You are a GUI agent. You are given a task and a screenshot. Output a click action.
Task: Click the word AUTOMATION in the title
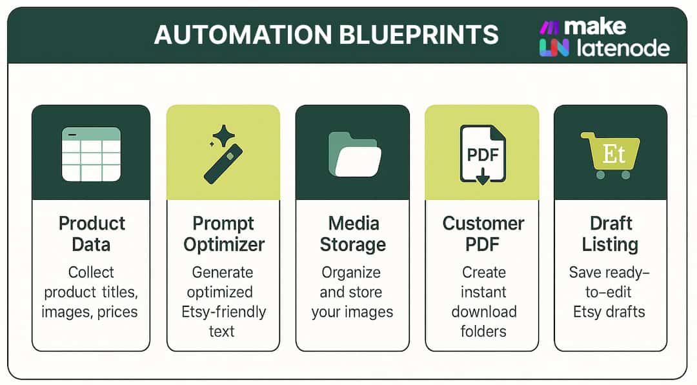coord(243,35)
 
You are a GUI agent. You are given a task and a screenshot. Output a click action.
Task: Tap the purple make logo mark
coord(549,28)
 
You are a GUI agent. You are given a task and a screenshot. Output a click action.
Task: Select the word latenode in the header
coord(623,48)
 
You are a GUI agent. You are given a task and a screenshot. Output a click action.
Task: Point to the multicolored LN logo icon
coord(554,48)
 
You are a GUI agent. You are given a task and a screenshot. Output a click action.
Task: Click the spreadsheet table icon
coord(91,154)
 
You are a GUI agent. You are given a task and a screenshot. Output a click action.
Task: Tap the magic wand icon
coord(223,163)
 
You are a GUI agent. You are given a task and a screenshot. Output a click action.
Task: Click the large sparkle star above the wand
coord(224,135)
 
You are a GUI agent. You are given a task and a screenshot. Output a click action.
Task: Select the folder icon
coord(354,155)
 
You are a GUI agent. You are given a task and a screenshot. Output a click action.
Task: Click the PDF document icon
coord(483,154)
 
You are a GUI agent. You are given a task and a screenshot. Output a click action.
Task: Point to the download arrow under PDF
coord(483,176)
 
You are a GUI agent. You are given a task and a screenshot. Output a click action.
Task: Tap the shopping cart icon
coord(611,155)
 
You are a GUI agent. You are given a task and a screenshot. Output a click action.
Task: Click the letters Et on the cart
coord(614,154)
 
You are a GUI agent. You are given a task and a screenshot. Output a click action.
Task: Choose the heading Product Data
coord(92,233)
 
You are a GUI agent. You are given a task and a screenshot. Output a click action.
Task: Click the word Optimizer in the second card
coord(224,244)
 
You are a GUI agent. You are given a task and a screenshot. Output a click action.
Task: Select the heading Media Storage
coord(354,233)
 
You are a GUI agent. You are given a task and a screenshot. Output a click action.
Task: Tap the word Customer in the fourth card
coord(483,223)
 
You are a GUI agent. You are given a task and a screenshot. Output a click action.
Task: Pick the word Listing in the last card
coord(610,244)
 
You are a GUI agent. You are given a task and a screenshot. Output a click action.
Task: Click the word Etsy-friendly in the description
coord(223,311)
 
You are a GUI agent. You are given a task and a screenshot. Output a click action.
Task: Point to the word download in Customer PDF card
coord(483,311)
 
